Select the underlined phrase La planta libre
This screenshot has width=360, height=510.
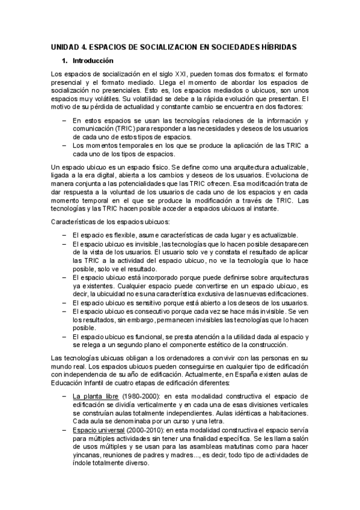[x=95, y=396]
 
